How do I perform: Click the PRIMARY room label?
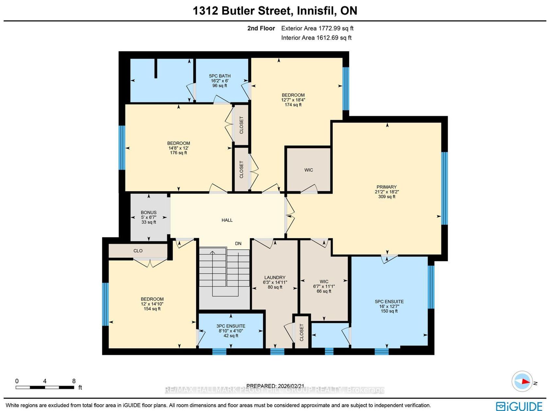387,187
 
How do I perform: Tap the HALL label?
227,220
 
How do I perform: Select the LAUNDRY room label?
275,277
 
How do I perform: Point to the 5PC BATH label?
220,76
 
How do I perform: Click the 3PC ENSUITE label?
231,326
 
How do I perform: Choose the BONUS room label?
149,212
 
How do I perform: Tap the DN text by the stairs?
238,243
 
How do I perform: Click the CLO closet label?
138,251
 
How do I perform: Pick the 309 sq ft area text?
387,197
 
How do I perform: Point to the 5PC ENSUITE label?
389,302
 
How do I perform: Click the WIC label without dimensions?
308,170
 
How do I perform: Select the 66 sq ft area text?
324,291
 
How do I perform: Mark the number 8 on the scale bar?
74,381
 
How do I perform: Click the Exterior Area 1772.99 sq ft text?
317,28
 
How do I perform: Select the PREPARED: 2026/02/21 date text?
275,386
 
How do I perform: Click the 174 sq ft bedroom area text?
293,105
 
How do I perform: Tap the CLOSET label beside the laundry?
301,333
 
